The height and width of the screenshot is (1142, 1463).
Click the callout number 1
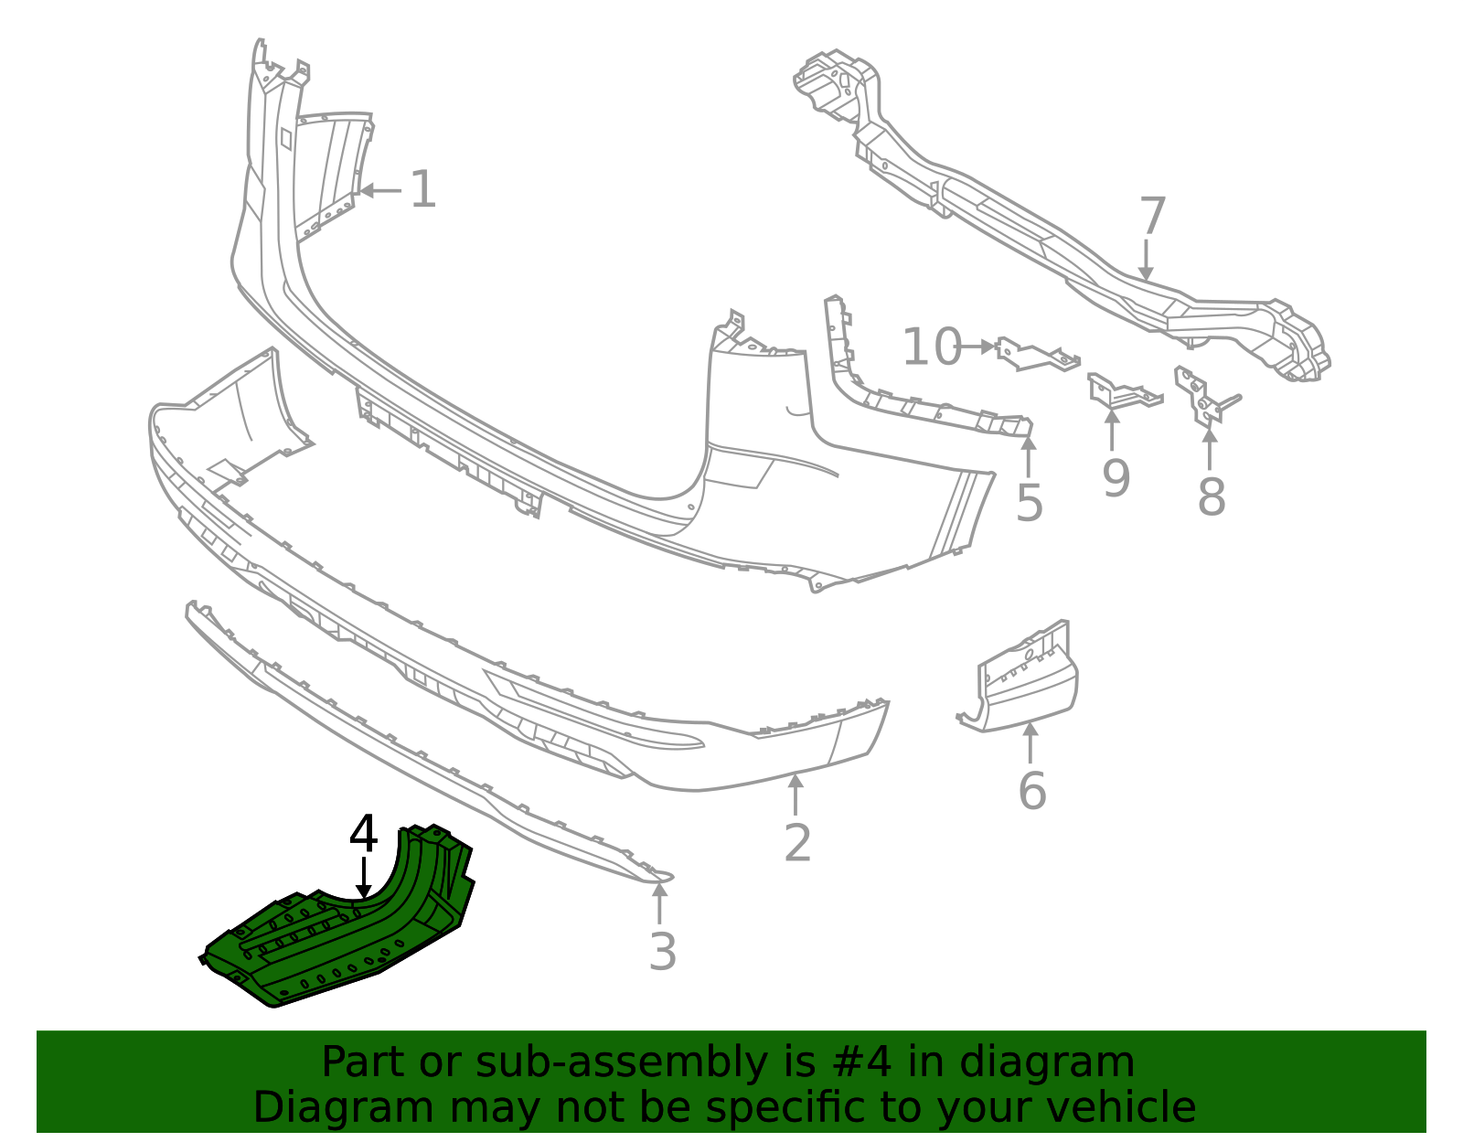pyautogui.click(x=422, y=190)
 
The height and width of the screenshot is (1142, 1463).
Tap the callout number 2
pyautogui.click(x=797, y=843)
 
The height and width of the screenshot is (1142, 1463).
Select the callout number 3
pyautogui.click(x=662, y=952)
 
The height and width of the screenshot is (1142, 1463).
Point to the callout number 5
pyautogui.click(x=1030, y=504)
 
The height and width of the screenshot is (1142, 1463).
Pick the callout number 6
pyautogui.click(x=1031, y=791)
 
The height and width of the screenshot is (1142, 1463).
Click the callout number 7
pyautogui.click(x=1152, y=218)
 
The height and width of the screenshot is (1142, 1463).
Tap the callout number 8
pyautogui.click(x=1211, y=497)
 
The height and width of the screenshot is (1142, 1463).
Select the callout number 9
pyautogui.click(x=1116, y=478)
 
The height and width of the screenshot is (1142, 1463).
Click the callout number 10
pyautogui.click(x=932, y=348)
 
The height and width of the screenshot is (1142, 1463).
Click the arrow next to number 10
pyautogui.click(x=977, y=347)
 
